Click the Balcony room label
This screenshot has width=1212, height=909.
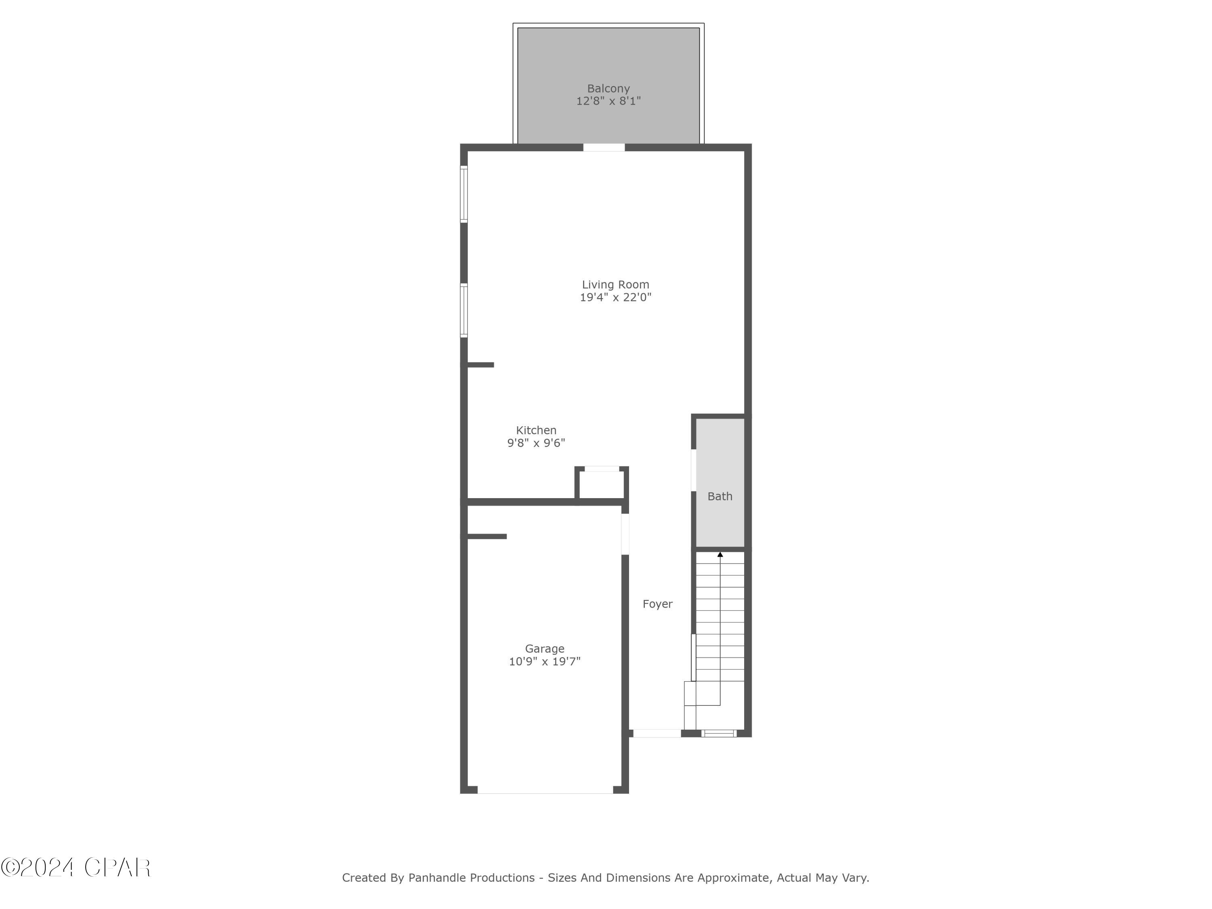[608, 88]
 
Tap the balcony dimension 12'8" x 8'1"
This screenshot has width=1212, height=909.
[608, 101]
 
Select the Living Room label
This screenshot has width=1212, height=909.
[615, 284]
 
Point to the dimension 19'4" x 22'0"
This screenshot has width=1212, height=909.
[615, 297]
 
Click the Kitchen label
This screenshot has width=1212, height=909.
[536, 430]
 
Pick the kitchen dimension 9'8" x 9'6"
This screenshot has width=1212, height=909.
[536, 443]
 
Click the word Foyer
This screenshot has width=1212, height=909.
[657, 604]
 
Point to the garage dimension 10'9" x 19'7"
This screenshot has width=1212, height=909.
[545, 662]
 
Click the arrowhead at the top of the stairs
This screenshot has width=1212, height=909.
[720, 555]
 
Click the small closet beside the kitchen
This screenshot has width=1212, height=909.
[602, 484]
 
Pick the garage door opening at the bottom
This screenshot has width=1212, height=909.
[545, 789]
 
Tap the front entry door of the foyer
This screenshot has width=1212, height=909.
[657, 733]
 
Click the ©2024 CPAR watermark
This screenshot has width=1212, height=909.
[76, 868]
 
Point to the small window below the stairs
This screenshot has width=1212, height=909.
[719, 733]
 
